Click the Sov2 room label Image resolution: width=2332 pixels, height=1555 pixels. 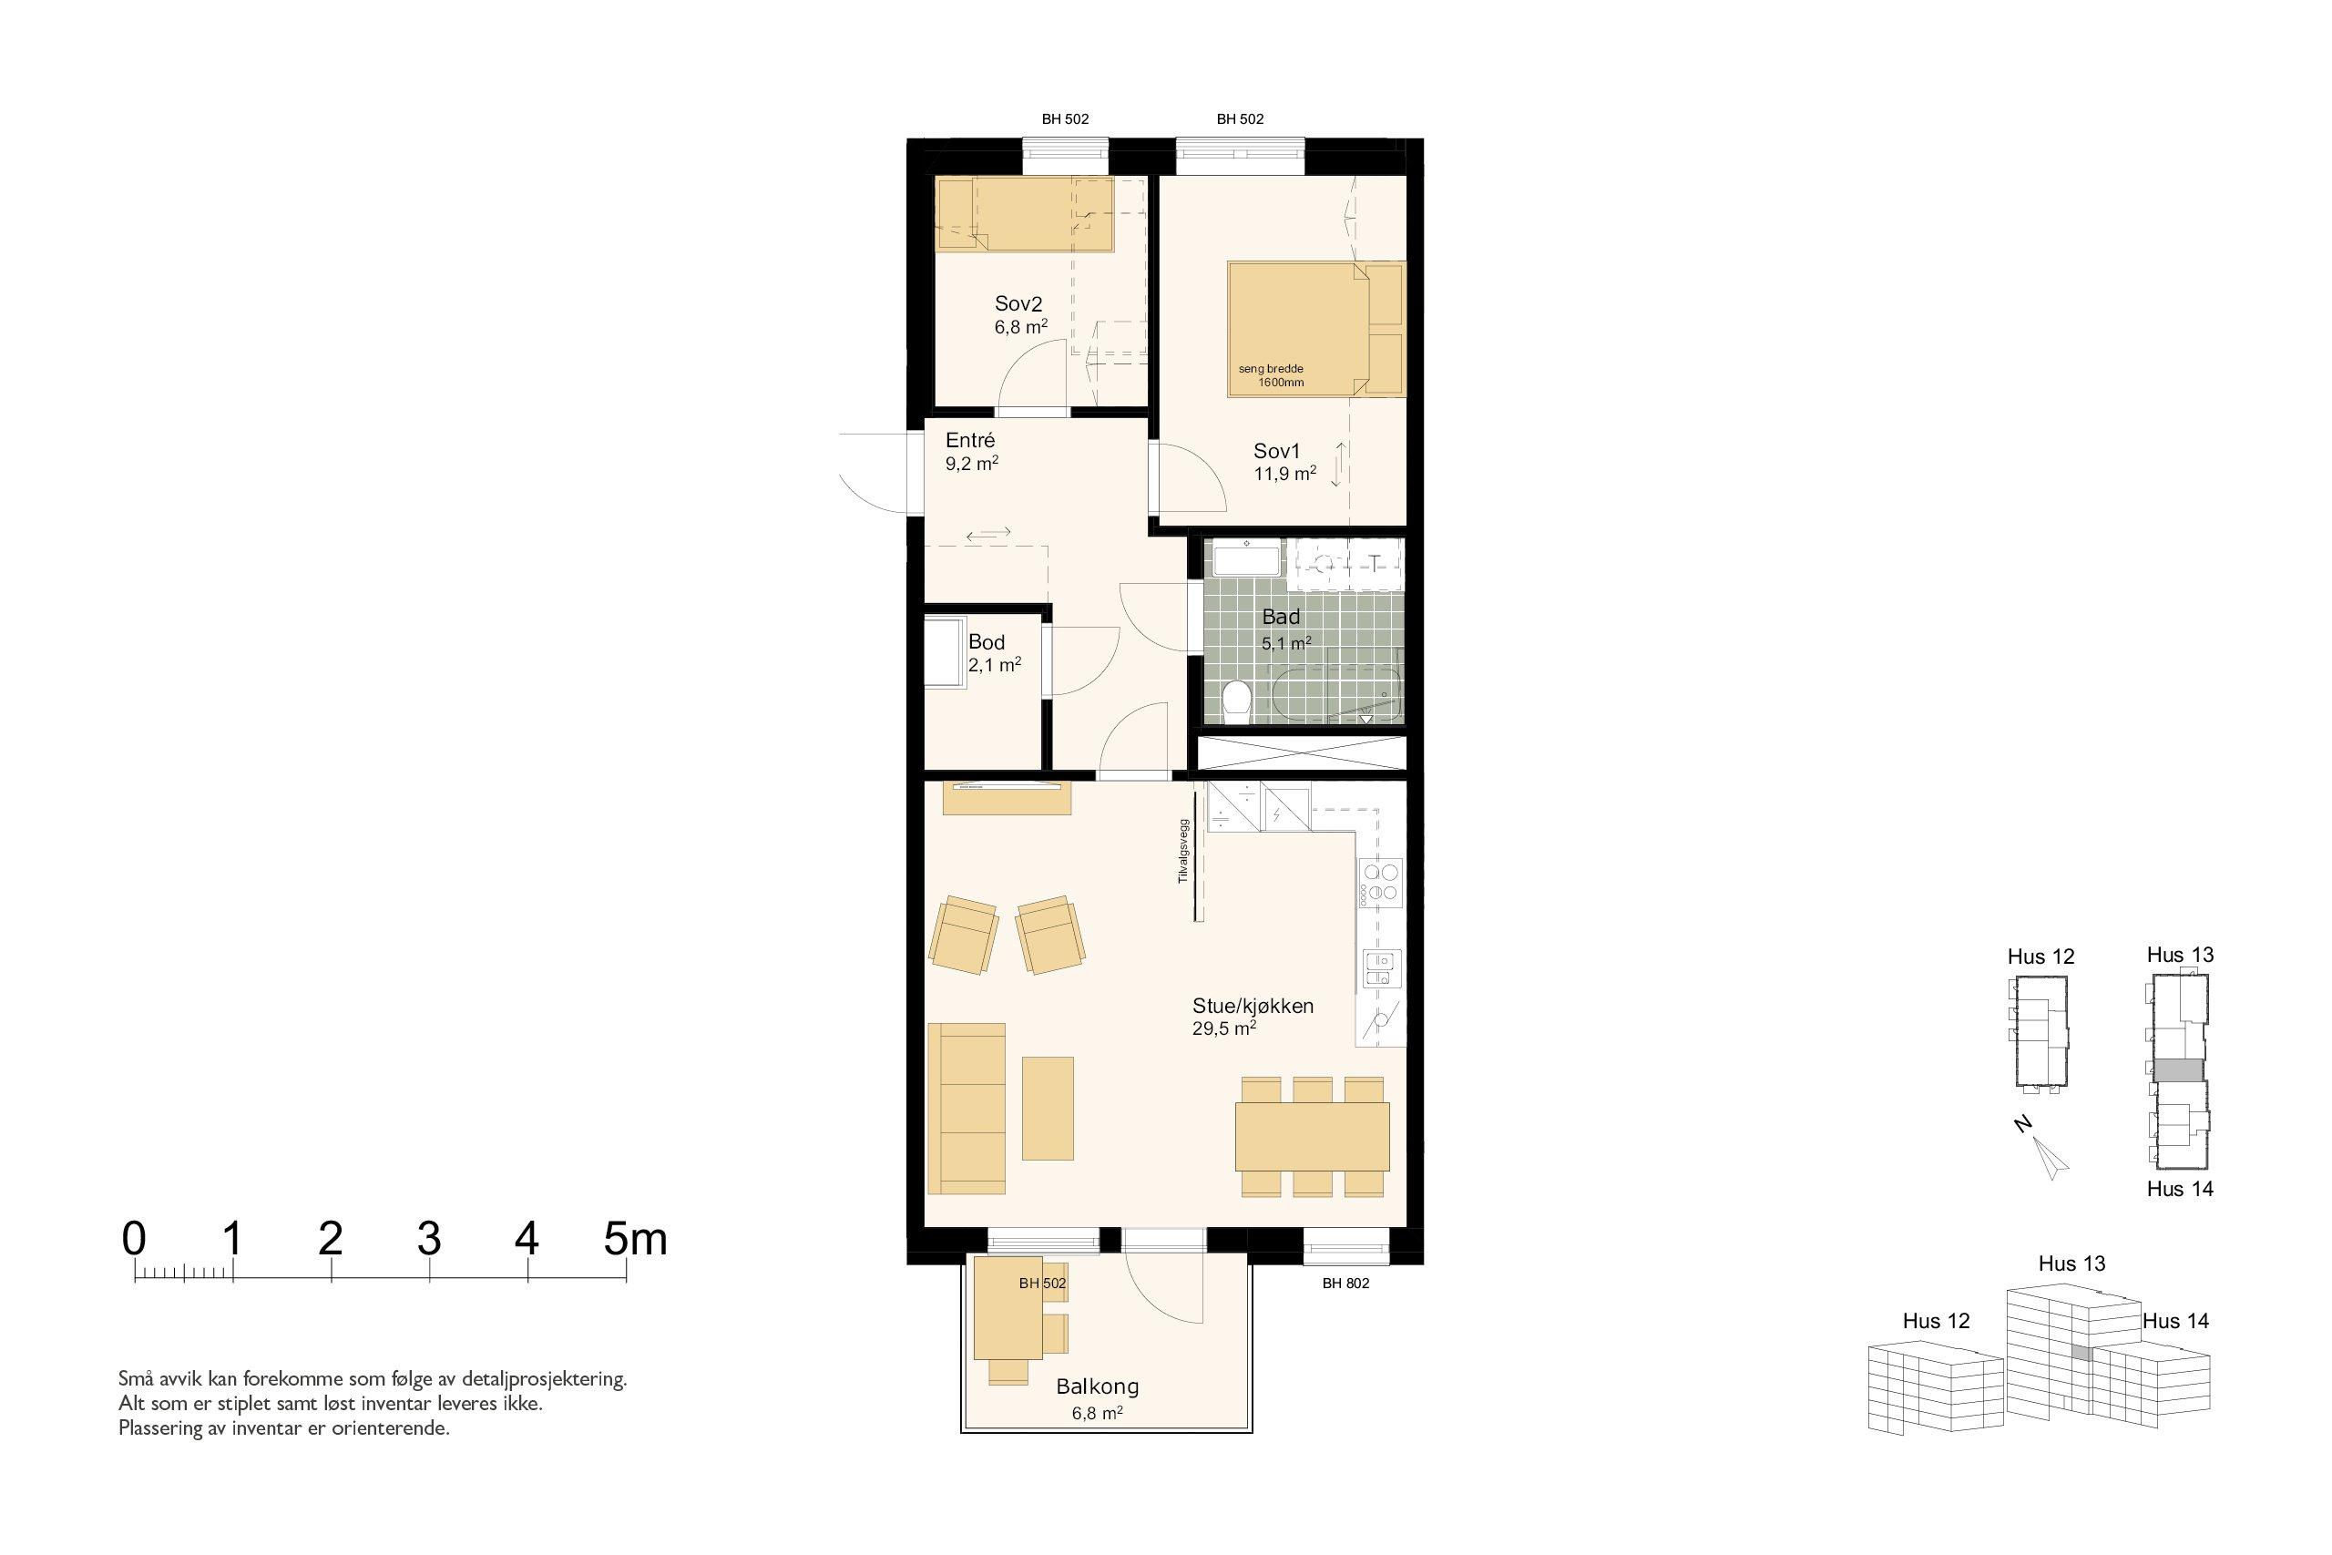[x=1018, y=304]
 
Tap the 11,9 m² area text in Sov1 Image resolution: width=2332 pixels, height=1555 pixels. [x=1285, y=474]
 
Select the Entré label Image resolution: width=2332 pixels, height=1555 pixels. [x=969, y=439]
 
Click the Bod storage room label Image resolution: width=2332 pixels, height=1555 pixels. [x=987, y=641]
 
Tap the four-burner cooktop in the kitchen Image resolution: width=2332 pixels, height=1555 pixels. [x=1381, y=883]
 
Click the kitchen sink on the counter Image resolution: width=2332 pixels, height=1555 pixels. [x=1379, y=968]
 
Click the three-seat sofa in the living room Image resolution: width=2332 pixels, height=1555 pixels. [x=967, y=1109]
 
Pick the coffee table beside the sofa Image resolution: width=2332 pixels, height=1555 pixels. [x=1048, y=1109]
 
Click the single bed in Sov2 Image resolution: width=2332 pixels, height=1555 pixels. [x=1025, y=214]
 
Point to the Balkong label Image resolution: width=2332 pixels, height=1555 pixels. [x=1097, y=1386]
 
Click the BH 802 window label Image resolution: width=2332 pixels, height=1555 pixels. [x=1345, y=1284]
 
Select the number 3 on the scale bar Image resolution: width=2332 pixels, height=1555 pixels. [x=428, y=1239]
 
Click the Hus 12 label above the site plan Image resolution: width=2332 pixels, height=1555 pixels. [x=2040, y=956]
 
